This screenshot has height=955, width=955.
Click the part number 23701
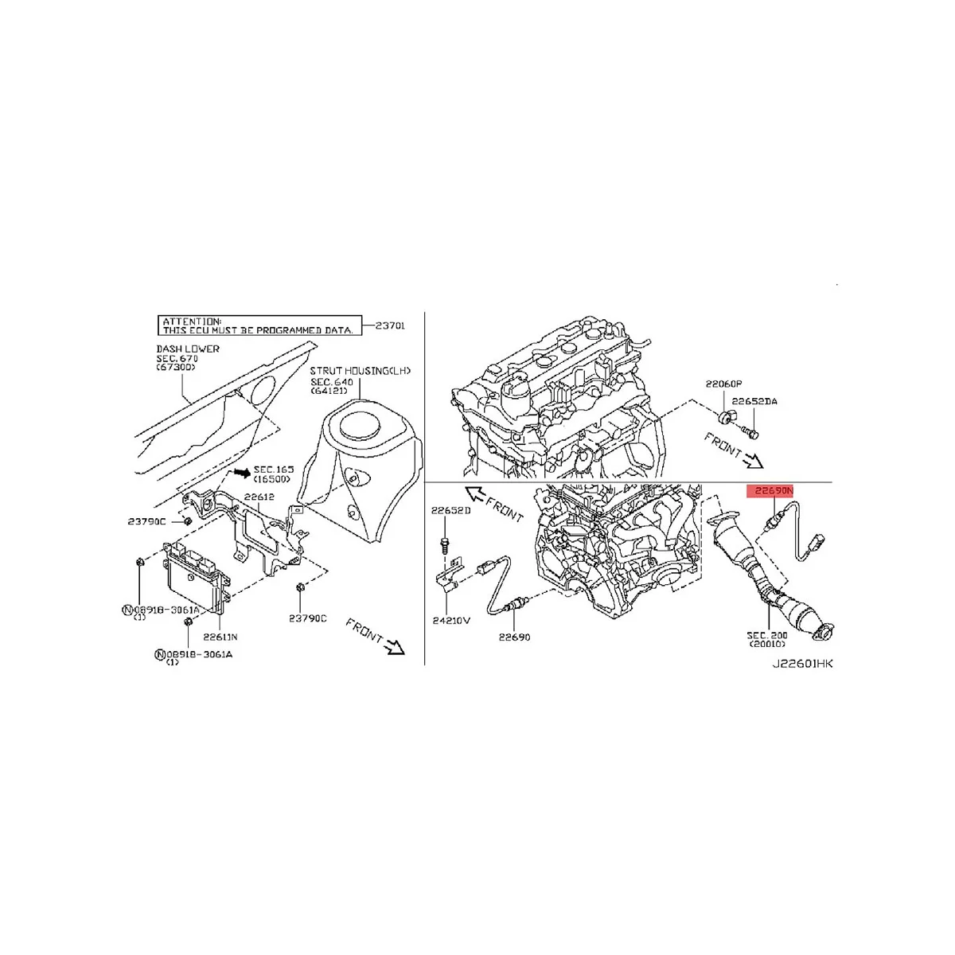[390, 325]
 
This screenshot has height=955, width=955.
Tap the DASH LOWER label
[188, 349]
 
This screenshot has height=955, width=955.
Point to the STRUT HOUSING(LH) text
[361, 371]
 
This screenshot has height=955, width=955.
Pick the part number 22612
[259, 497]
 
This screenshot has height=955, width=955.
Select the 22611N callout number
[220, 637]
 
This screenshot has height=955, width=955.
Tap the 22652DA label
[754, 402]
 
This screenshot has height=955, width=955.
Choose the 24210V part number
[451, 621]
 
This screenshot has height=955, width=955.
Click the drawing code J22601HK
[802, 663]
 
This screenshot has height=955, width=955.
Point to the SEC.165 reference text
[273, 470]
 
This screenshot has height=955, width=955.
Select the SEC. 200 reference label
[767, 635]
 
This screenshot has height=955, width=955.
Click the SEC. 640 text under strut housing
[332, 382]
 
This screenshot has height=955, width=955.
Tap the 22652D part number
[451, 510]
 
